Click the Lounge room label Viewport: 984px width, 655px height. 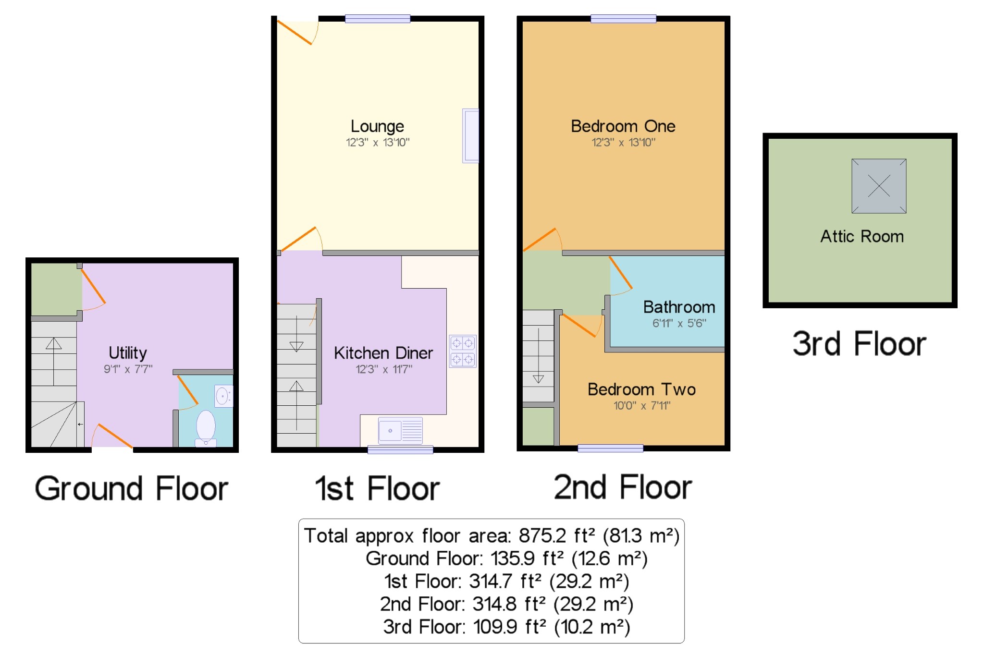[x=377, y=126]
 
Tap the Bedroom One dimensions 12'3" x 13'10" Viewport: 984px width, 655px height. [x=623, y=142]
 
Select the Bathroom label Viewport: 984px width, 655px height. [x=679, y=307]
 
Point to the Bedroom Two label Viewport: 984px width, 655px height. [x=641, y=389]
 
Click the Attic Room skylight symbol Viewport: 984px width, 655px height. [x=879, y=186]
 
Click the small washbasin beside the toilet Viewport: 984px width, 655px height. [x=223, y=396]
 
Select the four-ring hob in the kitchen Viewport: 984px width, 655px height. [x=462, y=351]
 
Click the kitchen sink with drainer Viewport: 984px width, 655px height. [x=400, y=430]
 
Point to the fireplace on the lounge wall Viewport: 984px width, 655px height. [x=470, y=136]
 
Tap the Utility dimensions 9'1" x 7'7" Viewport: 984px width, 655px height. [x=128, y=369]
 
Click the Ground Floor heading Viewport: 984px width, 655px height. [x=131, y=488]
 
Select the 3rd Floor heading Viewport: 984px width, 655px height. [x=859, y=344]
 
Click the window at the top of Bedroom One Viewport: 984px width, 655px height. [x=623, y=19]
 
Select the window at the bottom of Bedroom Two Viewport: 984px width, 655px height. [x=610, y=448]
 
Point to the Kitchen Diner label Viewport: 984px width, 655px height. [x=383, y=353]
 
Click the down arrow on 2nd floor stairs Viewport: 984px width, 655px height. [x=539, y=355]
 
